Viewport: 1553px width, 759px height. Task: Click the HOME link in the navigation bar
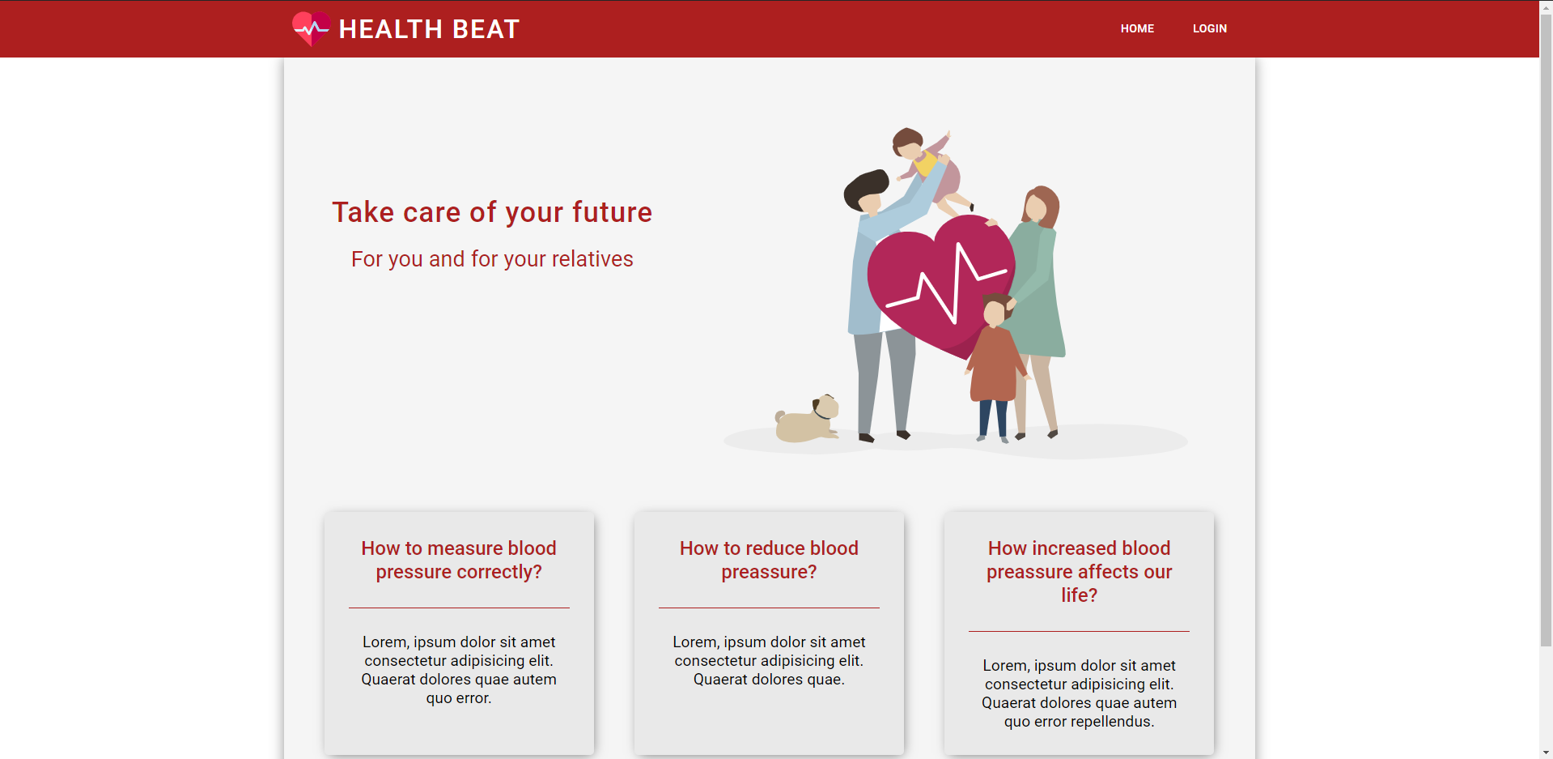(x=1137, y=28)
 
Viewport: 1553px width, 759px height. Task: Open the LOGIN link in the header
(x=1209, y=28)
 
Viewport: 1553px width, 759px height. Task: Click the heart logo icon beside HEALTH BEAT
(x=311, y=28)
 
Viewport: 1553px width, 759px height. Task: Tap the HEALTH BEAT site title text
(x=429, y=29)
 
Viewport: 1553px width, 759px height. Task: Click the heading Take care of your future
(x=492, y=212)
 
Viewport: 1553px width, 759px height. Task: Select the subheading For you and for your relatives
(x=492, y=259)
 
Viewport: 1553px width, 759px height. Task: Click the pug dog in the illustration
(x=808, y=419)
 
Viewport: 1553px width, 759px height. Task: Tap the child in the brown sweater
(x=996, y=365)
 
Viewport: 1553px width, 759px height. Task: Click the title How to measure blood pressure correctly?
(x=459, y=560)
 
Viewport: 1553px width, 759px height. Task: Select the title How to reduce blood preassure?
(x=769, y=560)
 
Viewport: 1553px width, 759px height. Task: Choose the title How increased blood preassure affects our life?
(x=1079, y=571)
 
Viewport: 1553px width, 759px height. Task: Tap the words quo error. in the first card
(x=459, y=698)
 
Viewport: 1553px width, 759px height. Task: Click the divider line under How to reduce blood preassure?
(x=769, y=608)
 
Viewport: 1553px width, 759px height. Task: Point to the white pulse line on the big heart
(x=947, y=284)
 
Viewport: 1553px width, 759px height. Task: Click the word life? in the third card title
(x=1079, y=595)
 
